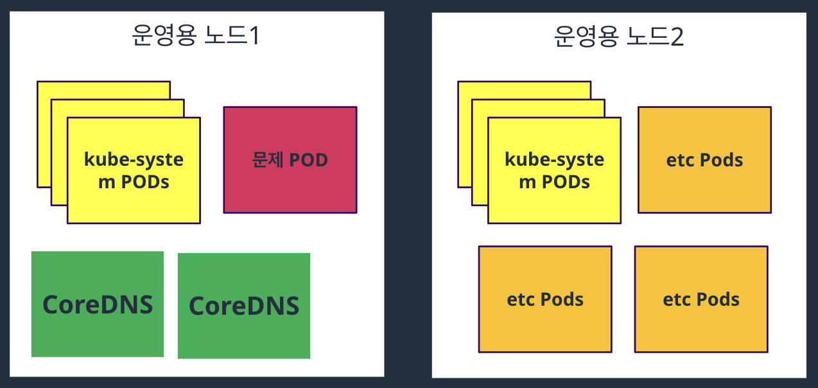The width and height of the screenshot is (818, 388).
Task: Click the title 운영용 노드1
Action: coord(196,37)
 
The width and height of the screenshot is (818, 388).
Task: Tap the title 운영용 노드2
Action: coord(618,37)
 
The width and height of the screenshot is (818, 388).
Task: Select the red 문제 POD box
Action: coord(290,159)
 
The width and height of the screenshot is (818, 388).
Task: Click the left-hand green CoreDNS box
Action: coord(98,304)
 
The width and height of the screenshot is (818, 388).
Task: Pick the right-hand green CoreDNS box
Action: coord(244,306)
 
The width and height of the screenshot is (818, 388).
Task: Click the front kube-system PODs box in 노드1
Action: coord(134,170)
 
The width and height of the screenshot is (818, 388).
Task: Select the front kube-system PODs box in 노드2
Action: coord(554,170)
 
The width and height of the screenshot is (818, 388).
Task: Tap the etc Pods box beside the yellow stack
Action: coord(704,159)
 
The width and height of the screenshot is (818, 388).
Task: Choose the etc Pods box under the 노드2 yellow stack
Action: coord(545,299)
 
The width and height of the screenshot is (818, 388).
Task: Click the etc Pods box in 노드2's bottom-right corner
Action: coord(701,299)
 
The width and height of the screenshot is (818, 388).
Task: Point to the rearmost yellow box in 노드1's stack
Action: coord(103,90)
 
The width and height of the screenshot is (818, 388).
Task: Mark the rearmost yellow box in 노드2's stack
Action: coord(523,90)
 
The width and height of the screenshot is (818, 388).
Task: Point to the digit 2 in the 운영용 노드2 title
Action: coord(676,37)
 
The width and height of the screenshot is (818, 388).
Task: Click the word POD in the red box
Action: coord(308,159)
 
